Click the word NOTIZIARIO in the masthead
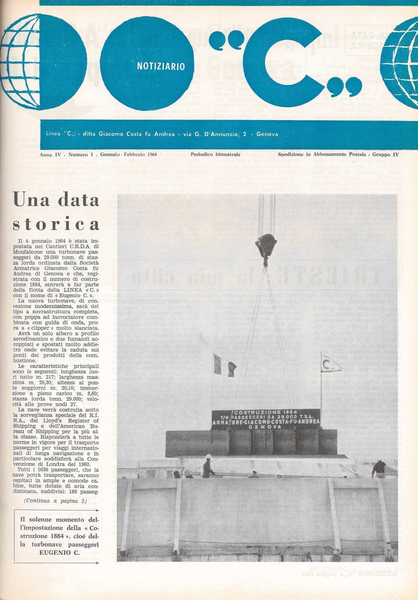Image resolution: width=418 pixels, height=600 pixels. click(x=161, y=66)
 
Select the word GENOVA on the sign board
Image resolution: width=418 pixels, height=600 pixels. click(x=266, y=427)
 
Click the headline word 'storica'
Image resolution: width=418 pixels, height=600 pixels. click(x=56, y=224)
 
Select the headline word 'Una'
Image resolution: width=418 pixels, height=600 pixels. click(x=29, y=200)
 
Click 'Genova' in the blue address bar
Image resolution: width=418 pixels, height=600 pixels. click(x=267, y=134)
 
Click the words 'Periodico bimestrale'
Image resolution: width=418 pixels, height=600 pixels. click(x=216, y=154)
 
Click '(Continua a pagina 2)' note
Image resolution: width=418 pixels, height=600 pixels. click(x=56, y=501)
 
